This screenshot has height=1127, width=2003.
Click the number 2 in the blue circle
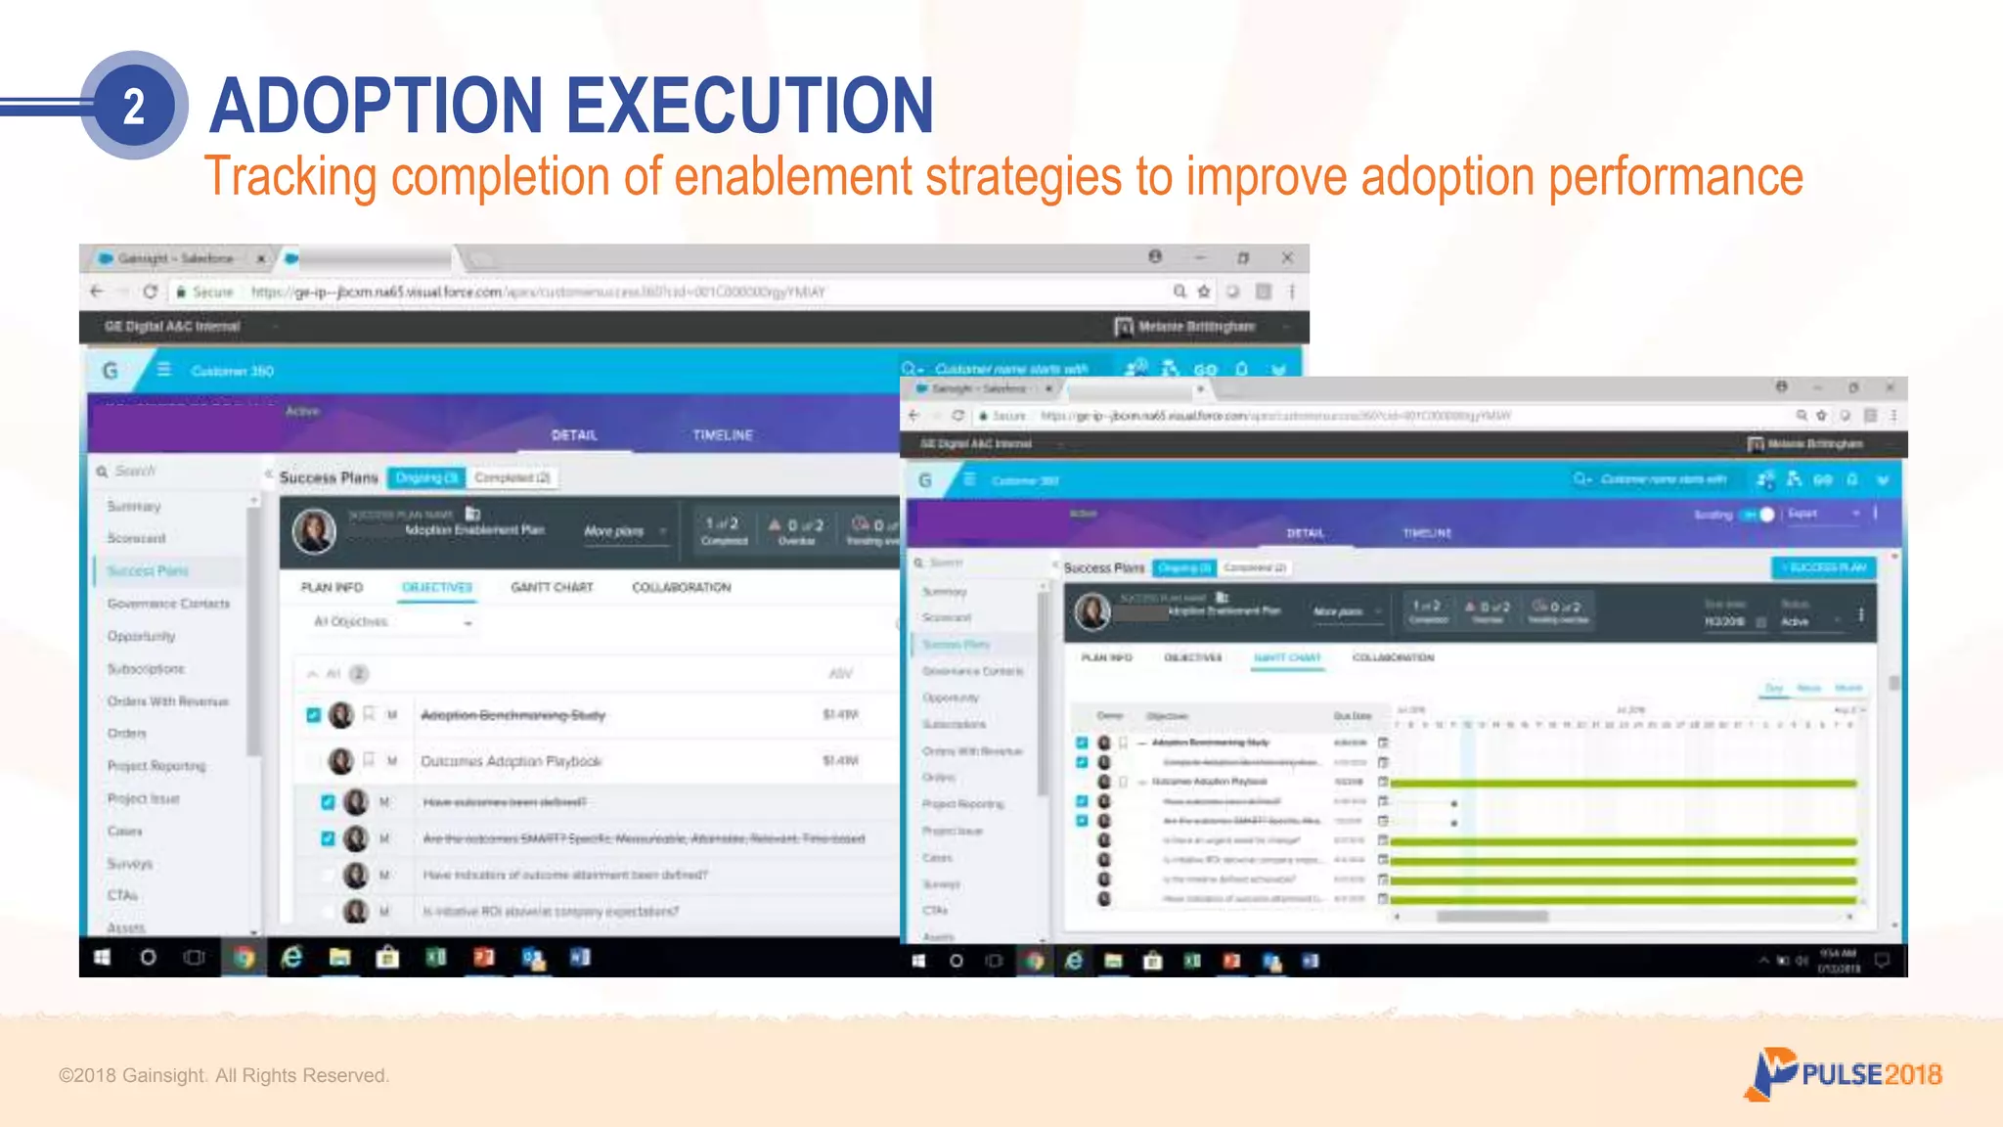(x=134, y=106)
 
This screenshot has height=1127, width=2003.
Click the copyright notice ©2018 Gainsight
(x=223, y=1075)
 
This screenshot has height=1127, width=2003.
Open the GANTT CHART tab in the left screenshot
(x=552, y=587)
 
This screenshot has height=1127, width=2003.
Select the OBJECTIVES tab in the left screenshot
(x=437, y=587)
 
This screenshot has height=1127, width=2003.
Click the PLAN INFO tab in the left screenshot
(x=332, y=587)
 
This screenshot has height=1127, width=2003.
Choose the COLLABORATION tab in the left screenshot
(x=681, y=587)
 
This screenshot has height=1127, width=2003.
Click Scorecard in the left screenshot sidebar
(x=137, y=538)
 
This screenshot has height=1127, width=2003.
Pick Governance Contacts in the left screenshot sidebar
(x=168, y=604)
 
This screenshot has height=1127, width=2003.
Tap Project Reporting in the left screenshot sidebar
(x=156, y=766)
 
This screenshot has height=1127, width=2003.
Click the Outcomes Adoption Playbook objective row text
(x=511, y=761)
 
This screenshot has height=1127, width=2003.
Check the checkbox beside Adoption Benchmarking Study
(x=313, y=715)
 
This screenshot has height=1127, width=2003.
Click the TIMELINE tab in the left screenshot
(x=723, y=435)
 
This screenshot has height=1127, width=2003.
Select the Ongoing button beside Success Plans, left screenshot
(x=426, y=477)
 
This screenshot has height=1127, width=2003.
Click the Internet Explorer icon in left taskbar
(x=291, y=958)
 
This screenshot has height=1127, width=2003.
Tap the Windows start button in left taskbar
(x=102, y=958)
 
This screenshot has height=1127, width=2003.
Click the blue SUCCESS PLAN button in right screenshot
(x=1824, y=567)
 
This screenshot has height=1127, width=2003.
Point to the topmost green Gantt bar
(x=1624, y=784)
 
